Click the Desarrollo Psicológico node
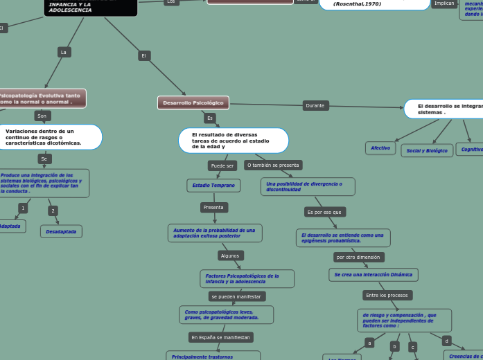click(193, 102)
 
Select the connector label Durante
click(315, 106)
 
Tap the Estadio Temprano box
click(214, 186)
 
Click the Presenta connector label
click(214, 208)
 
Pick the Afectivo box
click(380, 148)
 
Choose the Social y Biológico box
click(427, 150)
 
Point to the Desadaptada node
click(61, 231)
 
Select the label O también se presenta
click(273, 165)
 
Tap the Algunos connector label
click(229, 255)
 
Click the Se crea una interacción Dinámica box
click(373, 275)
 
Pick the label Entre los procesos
click(387, 296)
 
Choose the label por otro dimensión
click(358, 257)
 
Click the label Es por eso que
click(324, 212)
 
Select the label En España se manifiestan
click(221, 337)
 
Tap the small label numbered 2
click(53, 210)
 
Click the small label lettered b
click(394, 346)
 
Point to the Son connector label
click(42, 116)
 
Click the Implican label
click(444, 3)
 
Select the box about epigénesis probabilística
click(343, 238)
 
